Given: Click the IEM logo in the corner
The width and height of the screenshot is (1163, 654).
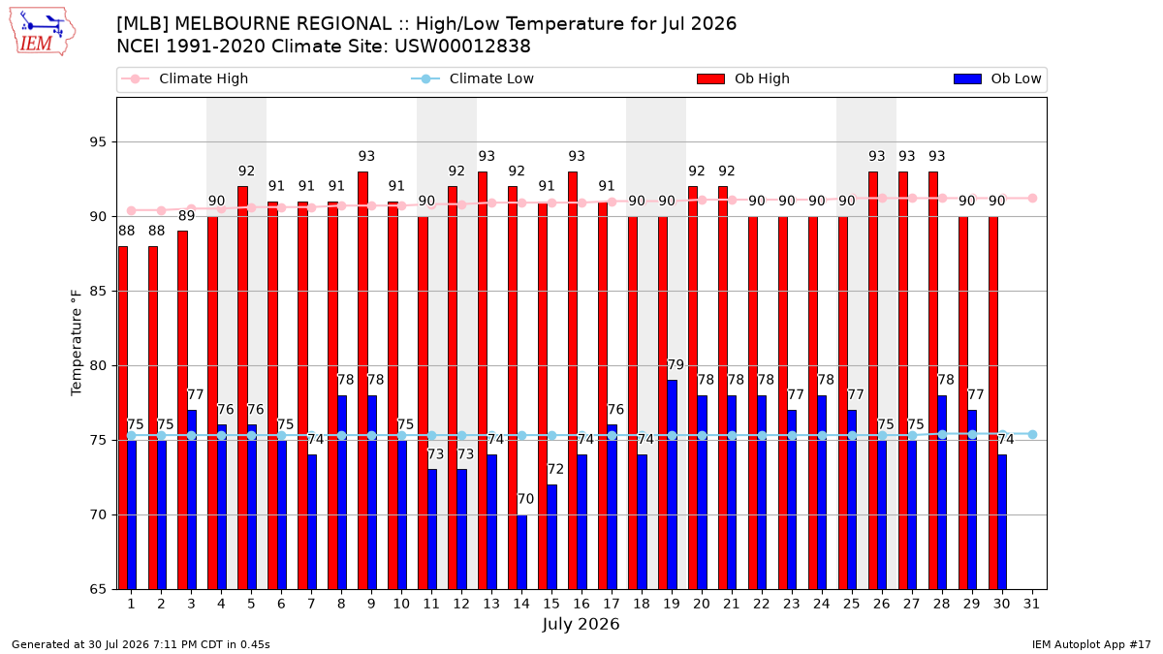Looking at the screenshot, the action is point(43,31).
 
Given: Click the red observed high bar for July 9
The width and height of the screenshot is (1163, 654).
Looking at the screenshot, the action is point(362,381).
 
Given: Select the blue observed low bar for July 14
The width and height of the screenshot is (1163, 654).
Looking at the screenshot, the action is point(521,552).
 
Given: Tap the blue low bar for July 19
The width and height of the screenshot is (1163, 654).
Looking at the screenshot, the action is point(672,484).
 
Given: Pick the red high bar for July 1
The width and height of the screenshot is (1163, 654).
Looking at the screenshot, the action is point(123,418).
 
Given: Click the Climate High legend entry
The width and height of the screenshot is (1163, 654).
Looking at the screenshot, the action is point(185,78).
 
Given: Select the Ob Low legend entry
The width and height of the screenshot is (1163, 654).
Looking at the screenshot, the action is point(997,78).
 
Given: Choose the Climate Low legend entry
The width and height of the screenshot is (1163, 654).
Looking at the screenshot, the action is point(473,78).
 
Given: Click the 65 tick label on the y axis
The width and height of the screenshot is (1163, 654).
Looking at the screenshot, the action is point(98,590).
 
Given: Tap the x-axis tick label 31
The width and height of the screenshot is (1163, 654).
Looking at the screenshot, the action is point(1031,605).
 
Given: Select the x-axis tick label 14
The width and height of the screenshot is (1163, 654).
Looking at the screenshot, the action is point(521,605).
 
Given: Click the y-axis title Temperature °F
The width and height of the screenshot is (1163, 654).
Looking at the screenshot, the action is point(77,343).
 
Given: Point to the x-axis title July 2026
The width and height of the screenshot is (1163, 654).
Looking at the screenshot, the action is point(581,624).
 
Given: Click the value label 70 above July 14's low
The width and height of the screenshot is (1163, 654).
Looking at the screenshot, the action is point(525,499).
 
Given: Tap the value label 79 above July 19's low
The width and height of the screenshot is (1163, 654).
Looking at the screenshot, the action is point(676,365).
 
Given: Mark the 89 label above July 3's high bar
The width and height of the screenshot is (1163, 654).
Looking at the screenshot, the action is point(186,216).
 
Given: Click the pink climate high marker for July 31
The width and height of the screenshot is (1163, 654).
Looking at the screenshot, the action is point(1033,199).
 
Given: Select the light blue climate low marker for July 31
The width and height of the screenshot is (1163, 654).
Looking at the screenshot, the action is point(1033,434).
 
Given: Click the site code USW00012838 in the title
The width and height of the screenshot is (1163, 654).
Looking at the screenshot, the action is point(462,47).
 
